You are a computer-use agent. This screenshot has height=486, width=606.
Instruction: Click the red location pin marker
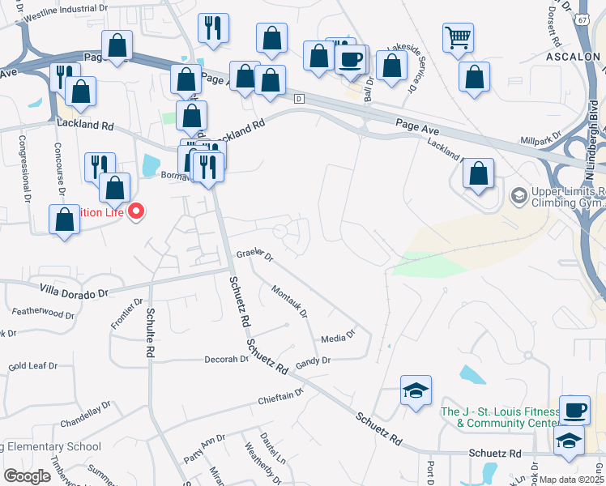[x=136, y=212]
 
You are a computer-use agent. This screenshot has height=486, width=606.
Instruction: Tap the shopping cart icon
[x=458, y=36]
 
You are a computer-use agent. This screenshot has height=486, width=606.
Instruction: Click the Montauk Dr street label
[x=290, y=301]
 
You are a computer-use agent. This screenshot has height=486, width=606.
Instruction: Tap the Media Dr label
[x=339, y=335]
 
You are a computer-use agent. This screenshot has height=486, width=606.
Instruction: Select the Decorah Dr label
[x=226, y=359]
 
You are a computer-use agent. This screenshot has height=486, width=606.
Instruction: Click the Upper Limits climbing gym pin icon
[x=518, y=195]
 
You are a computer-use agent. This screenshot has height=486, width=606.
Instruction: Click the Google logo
[x=28, y=475]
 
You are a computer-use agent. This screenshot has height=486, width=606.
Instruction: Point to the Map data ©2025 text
[x=571, y=480]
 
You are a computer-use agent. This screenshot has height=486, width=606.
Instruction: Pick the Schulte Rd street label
[x=150, y=333]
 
